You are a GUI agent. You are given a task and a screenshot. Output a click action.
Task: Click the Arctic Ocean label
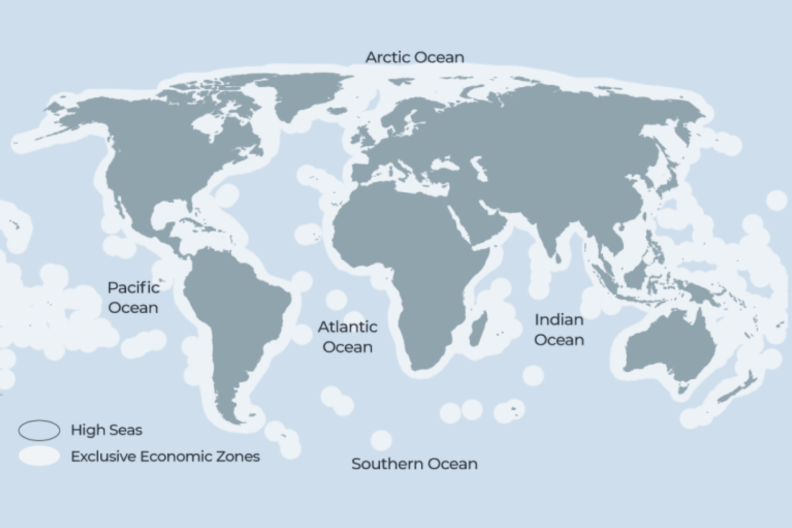[414, 57]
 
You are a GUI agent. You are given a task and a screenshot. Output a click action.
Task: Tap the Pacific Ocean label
[133, 298]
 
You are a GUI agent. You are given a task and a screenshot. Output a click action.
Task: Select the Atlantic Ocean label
[347, 337]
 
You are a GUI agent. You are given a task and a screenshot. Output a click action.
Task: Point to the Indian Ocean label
[559, 329]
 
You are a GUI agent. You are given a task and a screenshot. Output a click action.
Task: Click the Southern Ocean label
[414, 464]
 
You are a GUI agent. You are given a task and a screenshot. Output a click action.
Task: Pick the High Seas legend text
[107, 430]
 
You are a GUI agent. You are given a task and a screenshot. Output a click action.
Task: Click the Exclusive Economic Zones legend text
[165, 456]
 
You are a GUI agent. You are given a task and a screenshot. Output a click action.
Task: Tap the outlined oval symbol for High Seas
[39, 430]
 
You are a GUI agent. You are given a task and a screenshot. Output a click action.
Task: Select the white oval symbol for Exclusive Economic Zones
[39, 456]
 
